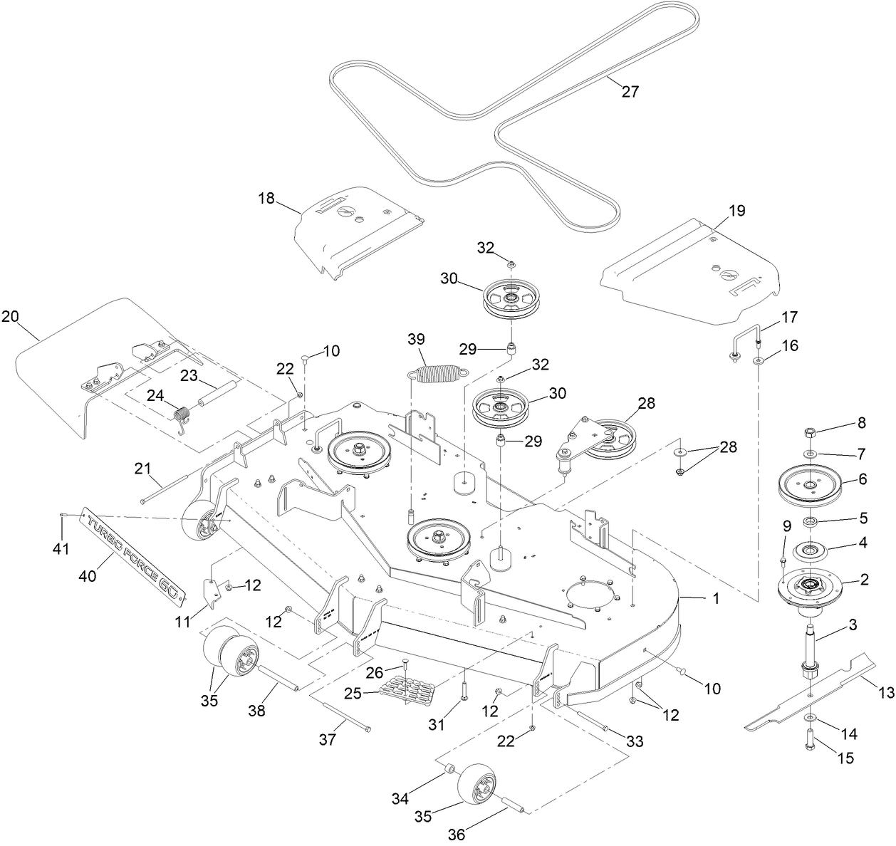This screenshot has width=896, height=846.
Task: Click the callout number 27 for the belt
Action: point(630,92)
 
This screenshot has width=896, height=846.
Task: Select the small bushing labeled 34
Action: point(449,771)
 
